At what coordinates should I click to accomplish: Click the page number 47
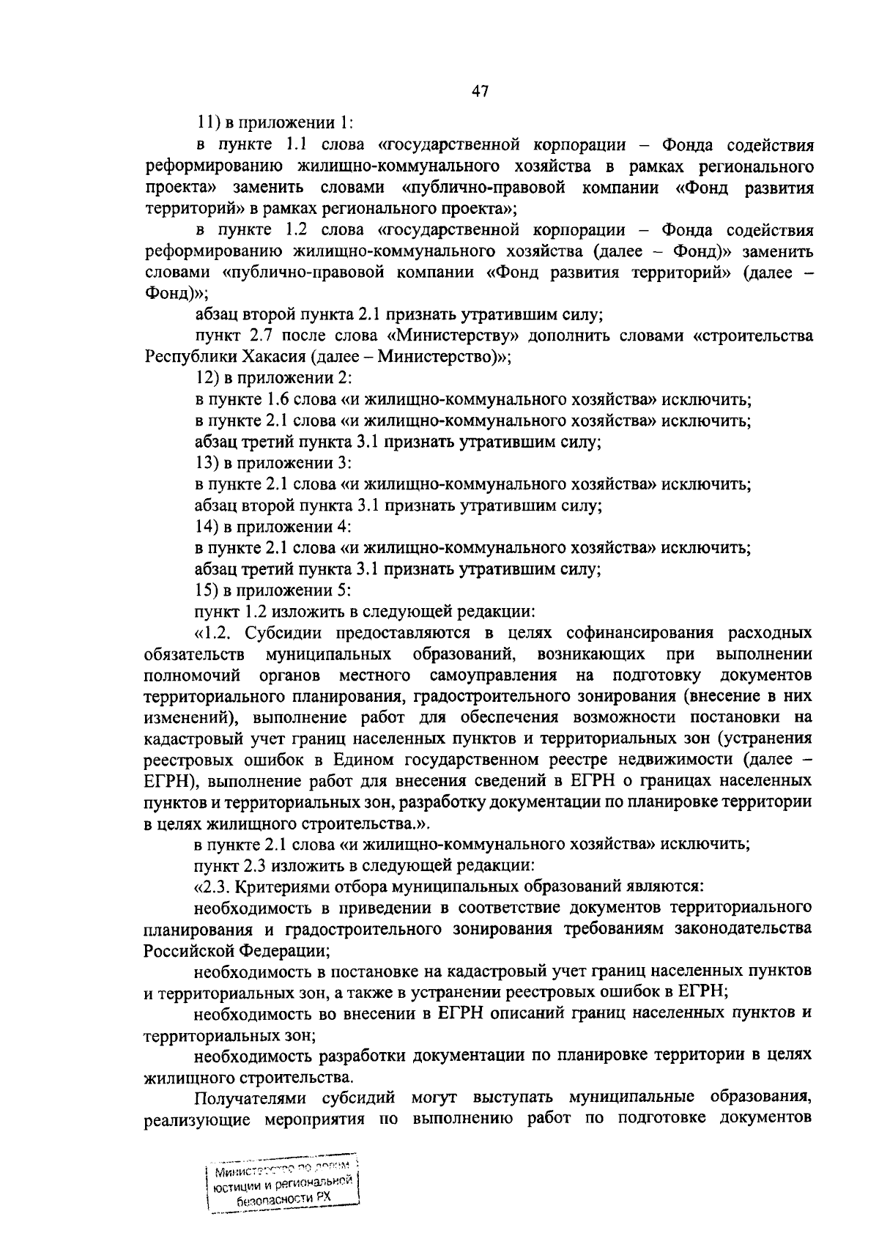(x=479, y=92)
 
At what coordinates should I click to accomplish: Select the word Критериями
(x=282, y=886)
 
